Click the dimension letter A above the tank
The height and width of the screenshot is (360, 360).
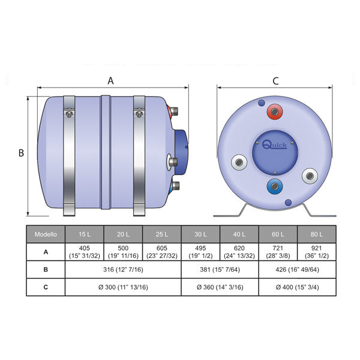point(110,80)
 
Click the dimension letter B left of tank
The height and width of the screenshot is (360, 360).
point(21,153)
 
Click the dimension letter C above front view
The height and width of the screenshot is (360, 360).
point(275,80)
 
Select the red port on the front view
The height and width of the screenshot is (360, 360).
point(275,112)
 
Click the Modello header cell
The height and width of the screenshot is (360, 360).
point(46,233)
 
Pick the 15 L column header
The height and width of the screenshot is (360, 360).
point(85,233)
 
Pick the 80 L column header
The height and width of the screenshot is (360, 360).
point(317,233)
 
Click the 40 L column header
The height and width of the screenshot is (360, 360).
point(239,233)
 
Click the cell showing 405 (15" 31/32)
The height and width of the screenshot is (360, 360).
point(85,252)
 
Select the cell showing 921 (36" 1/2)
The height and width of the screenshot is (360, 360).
point(317,252)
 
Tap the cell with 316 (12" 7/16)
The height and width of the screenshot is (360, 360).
point(123,270)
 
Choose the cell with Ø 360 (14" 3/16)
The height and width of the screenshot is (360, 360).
point(220,287)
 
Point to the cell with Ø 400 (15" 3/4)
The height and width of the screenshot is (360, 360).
point(298,287)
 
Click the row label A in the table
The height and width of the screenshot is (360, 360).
point(46,252)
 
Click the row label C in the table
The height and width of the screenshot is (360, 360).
point(46,287)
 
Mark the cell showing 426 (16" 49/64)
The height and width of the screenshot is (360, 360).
point(298,270)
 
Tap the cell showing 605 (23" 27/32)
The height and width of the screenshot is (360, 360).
point(162,252)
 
